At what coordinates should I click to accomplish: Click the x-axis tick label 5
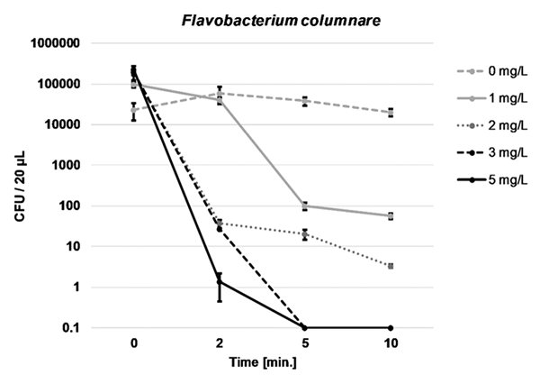[x=304, y=343]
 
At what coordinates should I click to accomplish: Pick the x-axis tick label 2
[x=219, y=343]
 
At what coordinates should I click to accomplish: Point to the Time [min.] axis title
[x=261, y=361]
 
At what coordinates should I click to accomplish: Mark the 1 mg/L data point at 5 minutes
[x=304, y=206]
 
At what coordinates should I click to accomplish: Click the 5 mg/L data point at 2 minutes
[x=219, y=282]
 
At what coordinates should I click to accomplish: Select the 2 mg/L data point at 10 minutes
[x=390, y=266]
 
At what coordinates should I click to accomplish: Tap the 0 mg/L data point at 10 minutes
[x=390, y=113]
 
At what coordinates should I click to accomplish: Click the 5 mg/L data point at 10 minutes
[x=390, y=327]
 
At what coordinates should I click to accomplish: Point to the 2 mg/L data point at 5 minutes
[x=304, y=234]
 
